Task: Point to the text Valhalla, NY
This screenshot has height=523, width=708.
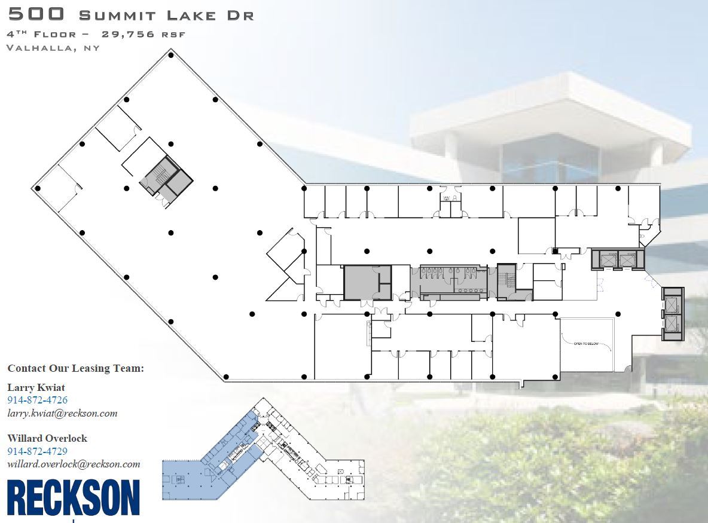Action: pos(53,48)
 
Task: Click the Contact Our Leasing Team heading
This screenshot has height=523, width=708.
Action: pos(76,368)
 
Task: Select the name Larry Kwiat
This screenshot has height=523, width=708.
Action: pos(36,387)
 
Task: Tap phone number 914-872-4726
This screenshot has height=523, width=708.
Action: pos(37,400)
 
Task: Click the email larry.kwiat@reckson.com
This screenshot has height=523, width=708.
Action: pos(62,413)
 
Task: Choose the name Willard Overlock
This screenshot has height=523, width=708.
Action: pos(47,438)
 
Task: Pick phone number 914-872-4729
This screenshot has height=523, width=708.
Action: pos(37,451)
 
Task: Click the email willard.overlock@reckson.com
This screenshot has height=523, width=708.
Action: pos(74,464)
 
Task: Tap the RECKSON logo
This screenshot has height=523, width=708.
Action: pos(73,497)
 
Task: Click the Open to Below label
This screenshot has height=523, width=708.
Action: pos(586,344)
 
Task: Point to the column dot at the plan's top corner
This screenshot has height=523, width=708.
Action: pos(171,56)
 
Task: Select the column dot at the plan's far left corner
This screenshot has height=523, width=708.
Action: pos(38,188)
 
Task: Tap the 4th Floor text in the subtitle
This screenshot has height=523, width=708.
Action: pos(42,34)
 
